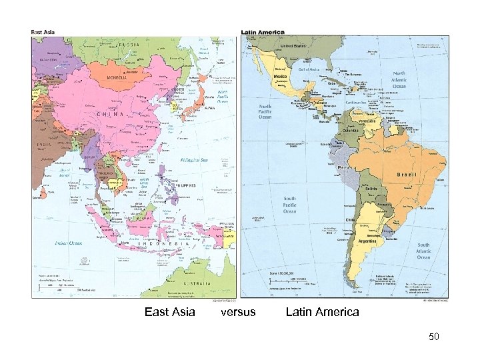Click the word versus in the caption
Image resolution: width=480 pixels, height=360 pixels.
pyautogui.click(x=238, y=312)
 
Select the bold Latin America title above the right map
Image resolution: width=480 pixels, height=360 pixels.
pyautogui.click(x=263, y=31)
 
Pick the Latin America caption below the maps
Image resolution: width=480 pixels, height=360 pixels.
pyautogui.click(x=322, y=312)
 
